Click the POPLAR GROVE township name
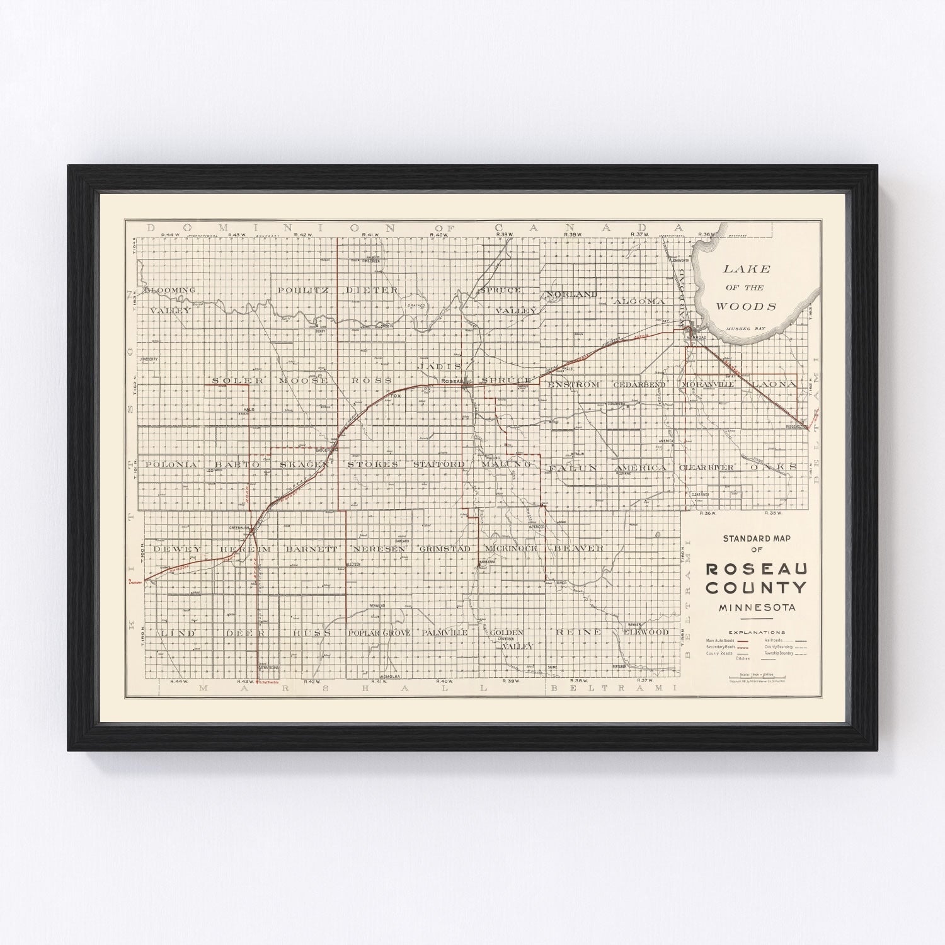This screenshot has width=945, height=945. click(x=379, y=632)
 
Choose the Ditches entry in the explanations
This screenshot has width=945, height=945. click(x=743, y=659)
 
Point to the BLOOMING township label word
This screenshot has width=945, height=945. click(x=169, y=290)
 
